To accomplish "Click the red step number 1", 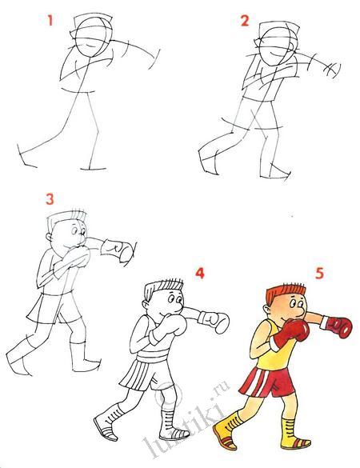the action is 50,20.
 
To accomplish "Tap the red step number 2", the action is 245,21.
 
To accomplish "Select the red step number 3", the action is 50,198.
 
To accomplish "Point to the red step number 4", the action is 200,273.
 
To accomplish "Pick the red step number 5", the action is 319,274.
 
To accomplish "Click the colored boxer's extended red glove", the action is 339,327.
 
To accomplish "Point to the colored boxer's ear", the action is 267,310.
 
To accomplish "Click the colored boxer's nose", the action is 302,312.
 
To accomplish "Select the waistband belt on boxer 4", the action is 152,356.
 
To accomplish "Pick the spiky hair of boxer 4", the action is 163,288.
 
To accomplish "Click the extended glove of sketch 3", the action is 117,250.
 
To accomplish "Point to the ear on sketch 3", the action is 49,238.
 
